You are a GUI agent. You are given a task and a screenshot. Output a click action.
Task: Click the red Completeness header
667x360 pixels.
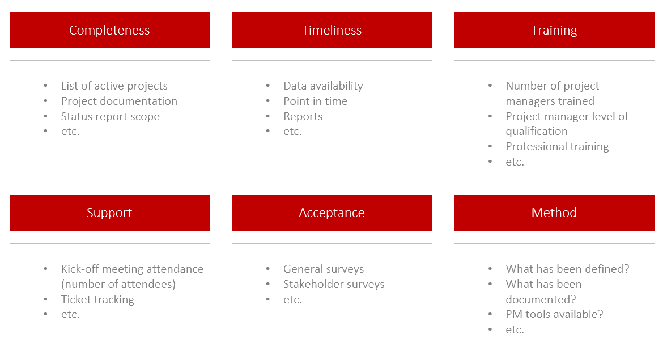(109, 30)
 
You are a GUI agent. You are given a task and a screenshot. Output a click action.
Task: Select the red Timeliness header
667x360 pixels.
(332, 30)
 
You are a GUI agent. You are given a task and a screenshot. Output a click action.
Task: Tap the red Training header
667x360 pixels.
(554, 30)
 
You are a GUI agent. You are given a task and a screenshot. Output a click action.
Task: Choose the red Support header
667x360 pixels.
(109, 213)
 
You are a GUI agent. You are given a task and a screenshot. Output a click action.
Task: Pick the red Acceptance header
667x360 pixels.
(332, 213)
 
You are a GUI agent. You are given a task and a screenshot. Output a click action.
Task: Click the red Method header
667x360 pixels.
(554, 213)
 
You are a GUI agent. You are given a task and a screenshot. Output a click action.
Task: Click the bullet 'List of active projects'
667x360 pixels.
(114, 86)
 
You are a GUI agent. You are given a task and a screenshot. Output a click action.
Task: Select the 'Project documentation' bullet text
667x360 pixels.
(119, 101)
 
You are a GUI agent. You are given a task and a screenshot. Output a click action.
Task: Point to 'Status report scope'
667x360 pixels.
(111, 116)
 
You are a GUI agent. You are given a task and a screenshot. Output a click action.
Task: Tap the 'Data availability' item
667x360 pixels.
(323, 86)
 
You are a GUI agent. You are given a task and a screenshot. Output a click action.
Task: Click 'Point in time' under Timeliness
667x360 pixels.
(316, 101)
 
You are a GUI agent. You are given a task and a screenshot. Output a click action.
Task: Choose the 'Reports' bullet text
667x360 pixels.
(303, 116)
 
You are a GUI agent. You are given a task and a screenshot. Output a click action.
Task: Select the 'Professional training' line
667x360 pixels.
(557, 146)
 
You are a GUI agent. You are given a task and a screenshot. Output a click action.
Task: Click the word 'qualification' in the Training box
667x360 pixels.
(537, 131)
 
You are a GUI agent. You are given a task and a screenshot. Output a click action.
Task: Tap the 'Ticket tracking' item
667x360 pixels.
(97, 299)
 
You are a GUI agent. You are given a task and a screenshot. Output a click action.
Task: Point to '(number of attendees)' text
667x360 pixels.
(118, 284)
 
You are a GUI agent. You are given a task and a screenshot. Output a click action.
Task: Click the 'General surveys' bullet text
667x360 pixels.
(324, 269)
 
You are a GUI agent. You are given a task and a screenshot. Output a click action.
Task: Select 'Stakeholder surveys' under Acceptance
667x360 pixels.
(334, 284)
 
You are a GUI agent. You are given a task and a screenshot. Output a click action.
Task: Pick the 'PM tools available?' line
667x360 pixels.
(554, 314)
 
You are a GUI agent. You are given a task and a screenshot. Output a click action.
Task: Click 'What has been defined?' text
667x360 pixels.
(567, 269)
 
